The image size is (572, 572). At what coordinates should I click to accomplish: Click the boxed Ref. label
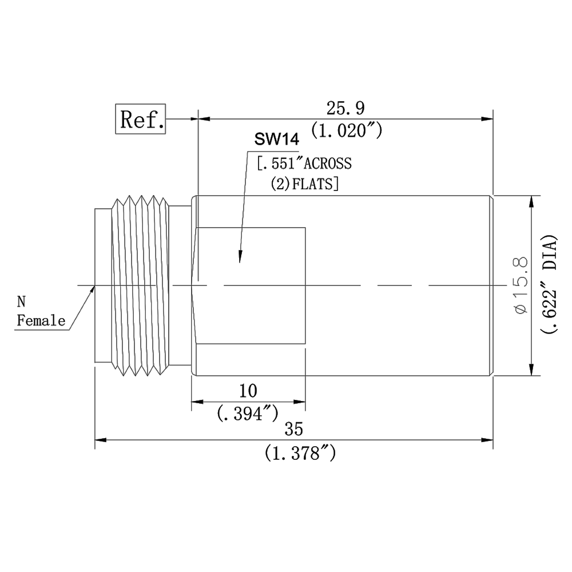[141, 119]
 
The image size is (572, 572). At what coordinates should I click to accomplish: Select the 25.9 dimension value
[345, 108]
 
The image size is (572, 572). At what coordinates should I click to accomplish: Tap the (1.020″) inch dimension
[347, 131]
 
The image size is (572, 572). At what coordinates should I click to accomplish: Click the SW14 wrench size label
[277, 140]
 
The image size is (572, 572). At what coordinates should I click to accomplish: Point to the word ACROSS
[328, 164]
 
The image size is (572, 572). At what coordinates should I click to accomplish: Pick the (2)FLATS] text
[305, 184]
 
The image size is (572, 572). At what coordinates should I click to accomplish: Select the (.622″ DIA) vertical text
[549, 284]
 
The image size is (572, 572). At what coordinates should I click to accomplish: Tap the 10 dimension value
[248, 391]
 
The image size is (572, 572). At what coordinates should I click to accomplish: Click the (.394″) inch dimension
[248, 414]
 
